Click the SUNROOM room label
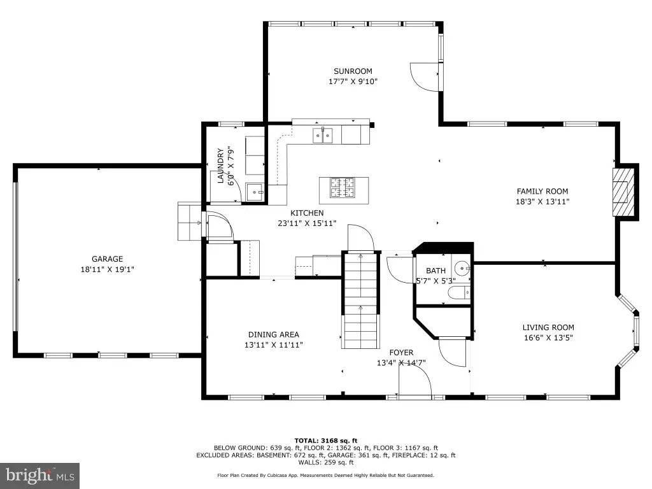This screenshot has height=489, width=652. [x=353, y=71]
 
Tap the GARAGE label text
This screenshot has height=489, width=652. [x=107, y=259]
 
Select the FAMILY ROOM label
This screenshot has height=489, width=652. [x=542, y=191]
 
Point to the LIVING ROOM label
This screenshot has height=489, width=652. [x=548, y=327]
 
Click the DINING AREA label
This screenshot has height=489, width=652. [x=274, y=334]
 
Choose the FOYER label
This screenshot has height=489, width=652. [x=401, y=352]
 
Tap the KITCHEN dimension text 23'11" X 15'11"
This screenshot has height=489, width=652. [x=307, y=223]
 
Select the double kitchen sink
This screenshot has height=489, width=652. [x=323, y=136]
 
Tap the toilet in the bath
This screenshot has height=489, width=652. [x=459, y=293]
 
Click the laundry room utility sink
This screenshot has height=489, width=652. [x=255, y=192]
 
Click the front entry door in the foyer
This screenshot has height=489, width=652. [x=415, y=381]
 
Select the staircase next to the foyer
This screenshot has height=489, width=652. [x=360, y=301]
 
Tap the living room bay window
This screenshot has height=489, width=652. [x=628, y=331]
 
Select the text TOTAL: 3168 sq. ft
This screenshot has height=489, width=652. [x=325, y=441]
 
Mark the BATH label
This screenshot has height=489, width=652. [x=436, y=271]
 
